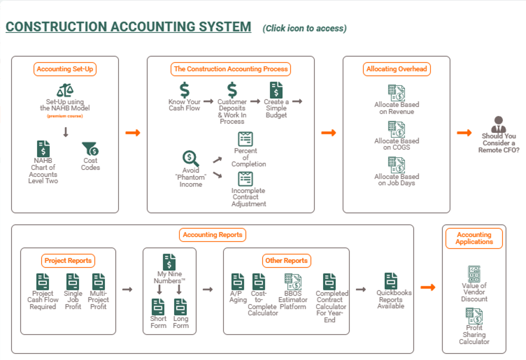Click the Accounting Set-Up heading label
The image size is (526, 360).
(65, 69)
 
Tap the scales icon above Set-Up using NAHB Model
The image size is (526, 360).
(65, 90)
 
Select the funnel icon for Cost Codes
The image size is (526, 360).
(90, 148)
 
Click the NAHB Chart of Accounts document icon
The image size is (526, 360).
(43, 148)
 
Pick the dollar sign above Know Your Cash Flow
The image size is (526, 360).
(184, 90)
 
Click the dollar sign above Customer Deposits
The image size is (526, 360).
(232, 90)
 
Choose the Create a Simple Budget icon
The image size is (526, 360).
(276, 90)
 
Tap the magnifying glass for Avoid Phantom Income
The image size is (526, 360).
(190, 158)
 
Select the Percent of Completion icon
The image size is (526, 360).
(245, 138)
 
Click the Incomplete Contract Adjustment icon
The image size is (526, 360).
(245, 178)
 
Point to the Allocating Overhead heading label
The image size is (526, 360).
(396, 69)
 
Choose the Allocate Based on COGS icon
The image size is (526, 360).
(396, 129)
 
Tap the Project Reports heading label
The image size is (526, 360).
(68, 260)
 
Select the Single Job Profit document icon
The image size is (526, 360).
(73, 281)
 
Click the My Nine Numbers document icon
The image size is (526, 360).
(169, 262)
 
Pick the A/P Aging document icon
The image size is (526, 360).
(238, 281)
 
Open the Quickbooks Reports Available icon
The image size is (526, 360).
(391, 280)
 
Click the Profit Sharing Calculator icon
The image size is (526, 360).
(474, 316)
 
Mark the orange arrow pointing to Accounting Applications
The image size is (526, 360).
(427, 287)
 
